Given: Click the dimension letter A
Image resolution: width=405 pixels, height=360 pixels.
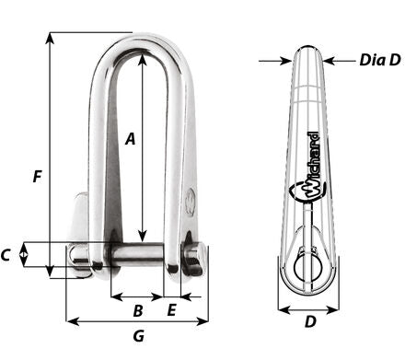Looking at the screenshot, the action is click(131, 139).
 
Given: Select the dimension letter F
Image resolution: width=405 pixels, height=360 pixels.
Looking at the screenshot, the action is click(37, 177).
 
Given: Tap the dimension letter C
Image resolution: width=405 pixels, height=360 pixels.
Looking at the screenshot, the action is click(6, 255).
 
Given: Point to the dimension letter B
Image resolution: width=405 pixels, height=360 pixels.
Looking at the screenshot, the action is click(138, 311).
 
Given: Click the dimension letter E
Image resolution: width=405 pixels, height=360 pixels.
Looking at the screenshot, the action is click(172, 310).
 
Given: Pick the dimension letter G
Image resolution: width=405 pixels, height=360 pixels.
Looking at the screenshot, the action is click(139, 336).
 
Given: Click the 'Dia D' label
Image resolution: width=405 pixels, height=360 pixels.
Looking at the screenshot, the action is click(380, 60).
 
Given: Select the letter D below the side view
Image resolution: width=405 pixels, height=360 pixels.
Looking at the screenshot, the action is click(310, 321).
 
